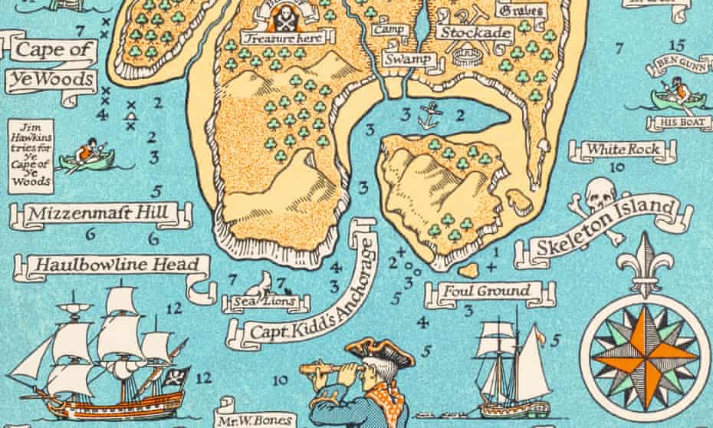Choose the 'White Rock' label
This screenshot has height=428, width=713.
coord(622,149)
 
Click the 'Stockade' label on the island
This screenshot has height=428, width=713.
coord(475,33)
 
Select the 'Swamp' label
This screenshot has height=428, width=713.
coord(404,59)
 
